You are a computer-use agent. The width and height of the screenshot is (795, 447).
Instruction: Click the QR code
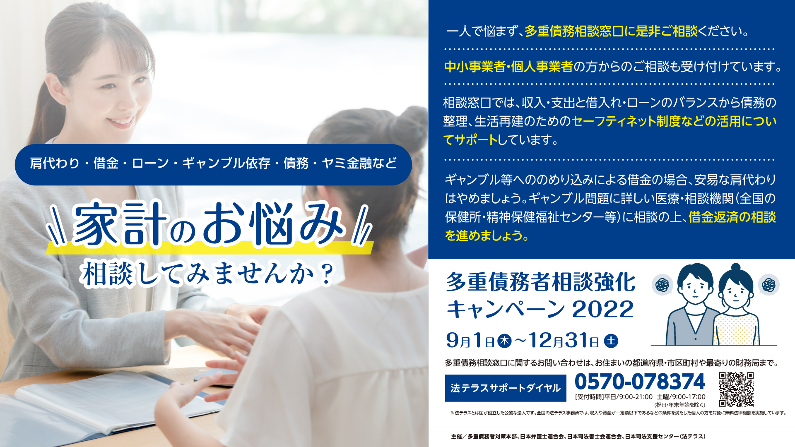click(736, 389)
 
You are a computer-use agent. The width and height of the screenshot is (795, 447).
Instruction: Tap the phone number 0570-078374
click(640, 382)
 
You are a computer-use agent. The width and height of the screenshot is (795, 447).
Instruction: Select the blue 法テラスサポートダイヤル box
click(506, 388)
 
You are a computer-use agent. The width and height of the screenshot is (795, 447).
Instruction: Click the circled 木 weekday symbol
click(504, 341)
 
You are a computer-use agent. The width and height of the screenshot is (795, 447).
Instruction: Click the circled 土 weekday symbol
click(611, 341)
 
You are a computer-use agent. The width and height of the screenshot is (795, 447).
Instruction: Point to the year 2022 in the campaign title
click(603, 309)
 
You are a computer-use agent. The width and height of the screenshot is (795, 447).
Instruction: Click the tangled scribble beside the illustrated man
click(662, 285)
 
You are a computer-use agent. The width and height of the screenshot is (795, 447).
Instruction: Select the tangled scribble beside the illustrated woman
click(769, 285)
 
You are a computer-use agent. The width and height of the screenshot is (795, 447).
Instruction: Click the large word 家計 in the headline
click(120, 224)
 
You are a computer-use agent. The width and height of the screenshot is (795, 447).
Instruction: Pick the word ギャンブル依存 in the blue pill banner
click(226, 163)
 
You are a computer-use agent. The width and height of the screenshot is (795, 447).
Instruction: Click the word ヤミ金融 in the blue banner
click(347, 163)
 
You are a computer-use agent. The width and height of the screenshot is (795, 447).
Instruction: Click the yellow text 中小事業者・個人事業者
click(508, 67)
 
